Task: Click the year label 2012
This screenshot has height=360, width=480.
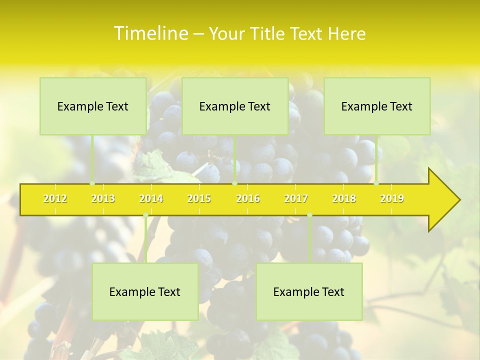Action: [55, 199]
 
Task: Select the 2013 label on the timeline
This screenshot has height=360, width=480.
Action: [103, 199]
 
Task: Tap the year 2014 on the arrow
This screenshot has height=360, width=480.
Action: [151, 199]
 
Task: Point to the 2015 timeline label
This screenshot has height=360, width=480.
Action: [199, 199]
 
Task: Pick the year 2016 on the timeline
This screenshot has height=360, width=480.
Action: [248, 199]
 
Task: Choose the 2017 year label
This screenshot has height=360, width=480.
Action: [296, 199]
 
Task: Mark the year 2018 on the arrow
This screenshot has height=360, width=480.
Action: [344, 199]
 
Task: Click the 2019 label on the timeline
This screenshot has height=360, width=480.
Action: [392, 199]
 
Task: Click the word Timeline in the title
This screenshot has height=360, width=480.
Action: [150, 33]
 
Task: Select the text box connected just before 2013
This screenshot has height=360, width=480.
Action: [93, 106]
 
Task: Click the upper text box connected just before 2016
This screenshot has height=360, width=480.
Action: [235, 106]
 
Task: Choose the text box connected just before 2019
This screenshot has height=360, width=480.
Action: [377, 106]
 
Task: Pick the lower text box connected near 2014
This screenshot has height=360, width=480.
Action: [145, 292]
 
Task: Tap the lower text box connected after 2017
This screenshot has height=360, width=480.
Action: [309, 292]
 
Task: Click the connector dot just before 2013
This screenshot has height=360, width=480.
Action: [92, 183]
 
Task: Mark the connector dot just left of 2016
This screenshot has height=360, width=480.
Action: [234, 183]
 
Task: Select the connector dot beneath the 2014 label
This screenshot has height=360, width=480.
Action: [145, 215]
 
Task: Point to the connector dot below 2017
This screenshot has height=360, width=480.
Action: [309, 215]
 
